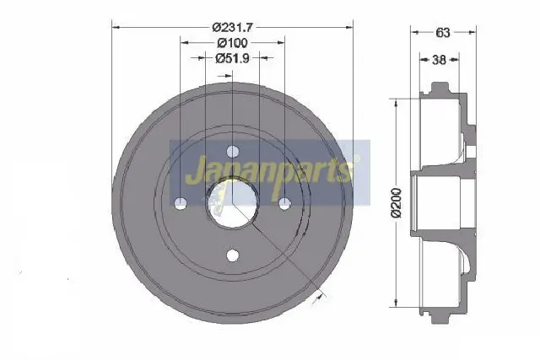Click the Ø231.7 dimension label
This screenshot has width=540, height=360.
pyautogui.click(x=233, y=27)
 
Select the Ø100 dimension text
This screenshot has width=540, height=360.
pyautogui.click(x=233, y=43)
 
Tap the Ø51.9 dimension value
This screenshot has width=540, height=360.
pyautogui.click(x=232, y=58)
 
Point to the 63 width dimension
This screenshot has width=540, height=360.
pyautogui.click(x=443, y=32)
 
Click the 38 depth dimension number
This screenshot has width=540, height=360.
pyautogui.click(x=439, y=60)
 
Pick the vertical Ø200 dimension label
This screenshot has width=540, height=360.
pyautogui.click(x=397, y=203)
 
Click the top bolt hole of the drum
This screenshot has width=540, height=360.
pyautogui.click(x=233, y=151)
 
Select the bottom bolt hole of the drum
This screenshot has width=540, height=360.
pyautogui.click(x=233, y=255)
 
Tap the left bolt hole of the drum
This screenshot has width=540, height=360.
pyautogui.click(x=181, y=203)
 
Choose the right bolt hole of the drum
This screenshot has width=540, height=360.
pyautogui.click(x=284, y=203)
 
